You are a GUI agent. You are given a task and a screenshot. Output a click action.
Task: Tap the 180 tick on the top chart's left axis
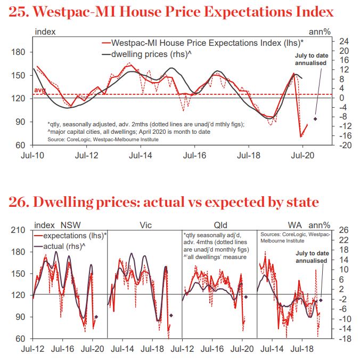(x=19, y=52)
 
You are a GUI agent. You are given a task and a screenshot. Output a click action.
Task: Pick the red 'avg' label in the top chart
(x=39, y=91)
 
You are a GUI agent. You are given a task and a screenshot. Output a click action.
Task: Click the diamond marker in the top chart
(x=315, y=119)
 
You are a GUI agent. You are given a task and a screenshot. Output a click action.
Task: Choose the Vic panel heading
(x=145, y=224)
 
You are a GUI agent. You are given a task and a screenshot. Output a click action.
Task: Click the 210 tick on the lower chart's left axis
(x=19, y=230)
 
